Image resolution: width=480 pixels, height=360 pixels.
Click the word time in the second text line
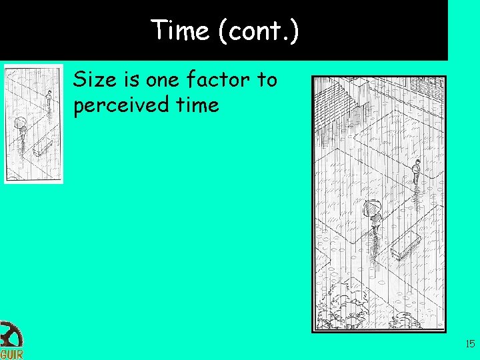[193, 104]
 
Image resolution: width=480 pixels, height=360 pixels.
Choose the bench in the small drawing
[43, 146]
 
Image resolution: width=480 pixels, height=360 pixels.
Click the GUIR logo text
[11, 353]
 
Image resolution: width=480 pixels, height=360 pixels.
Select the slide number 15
[469, 344]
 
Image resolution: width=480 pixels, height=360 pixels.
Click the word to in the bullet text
[267, 80]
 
